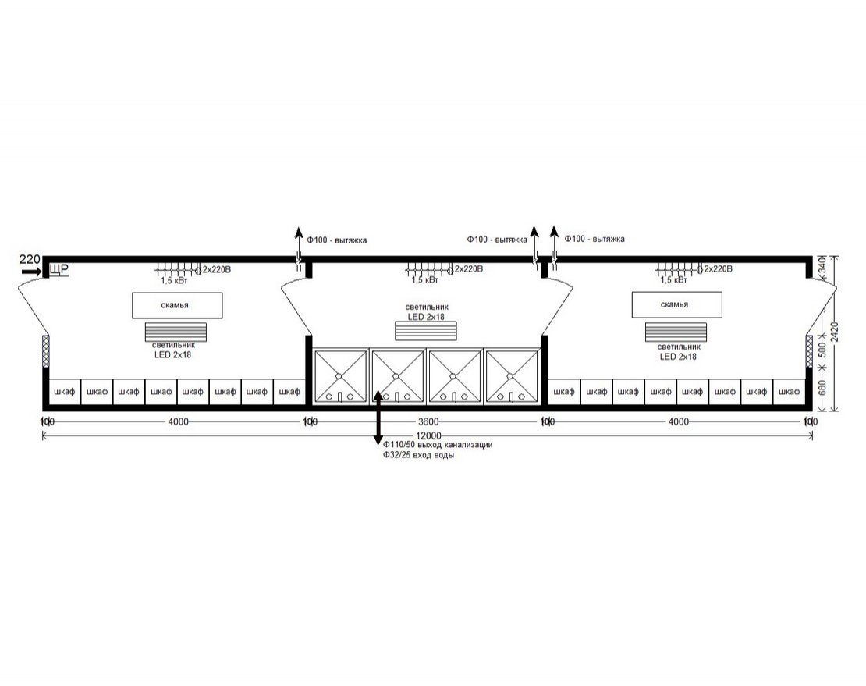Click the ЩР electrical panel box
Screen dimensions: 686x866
(60, 270)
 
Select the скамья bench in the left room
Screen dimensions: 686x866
(177, 305)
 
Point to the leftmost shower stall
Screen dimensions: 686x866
(340, 376)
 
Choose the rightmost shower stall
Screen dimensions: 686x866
(512, 376)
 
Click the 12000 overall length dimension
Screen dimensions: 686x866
(428, 435)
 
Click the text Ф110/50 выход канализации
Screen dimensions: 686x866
(437, 445)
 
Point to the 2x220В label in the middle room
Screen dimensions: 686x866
(468, 269)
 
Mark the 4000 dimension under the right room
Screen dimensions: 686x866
(679, 422)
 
